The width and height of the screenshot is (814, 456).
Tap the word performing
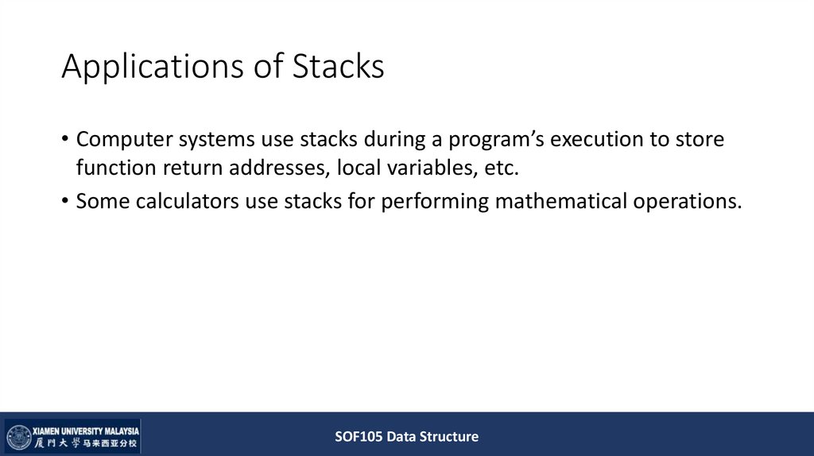point(434,202)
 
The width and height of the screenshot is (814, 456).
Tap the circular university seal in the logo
point(18,437)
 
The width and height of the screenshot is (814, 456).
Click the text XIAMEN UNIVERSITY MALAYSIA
point(86,429)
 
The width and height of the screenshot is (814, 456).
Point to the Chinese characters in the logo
point(86,443)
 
